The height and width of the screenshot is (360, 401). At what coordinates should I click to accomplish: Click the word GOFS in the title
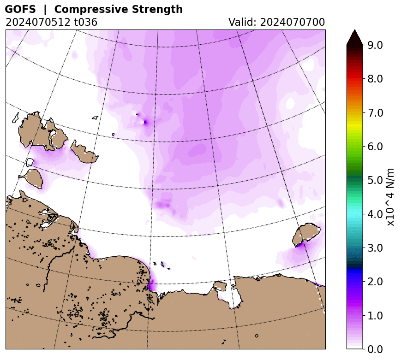coord(20,9)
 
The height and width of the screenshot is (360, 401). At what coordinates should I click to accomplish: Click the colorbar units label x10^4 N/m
coord(390,197)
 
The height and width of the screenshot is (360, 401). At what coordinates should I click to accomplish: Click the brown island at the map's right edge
coord(306,235)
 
